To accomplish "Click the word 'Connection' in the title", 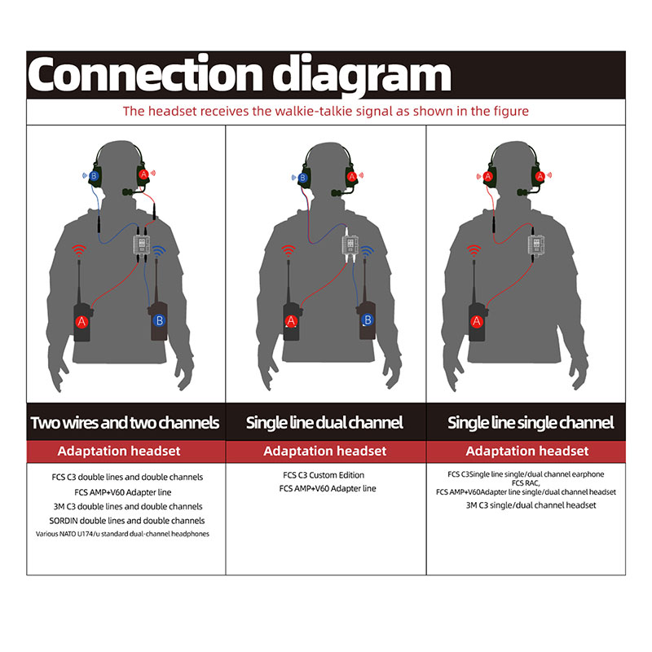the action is click(145, 74).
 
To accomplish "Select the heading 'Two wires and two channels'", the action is click(125, 422).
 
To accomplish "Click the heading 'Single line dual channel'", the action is click(324, 422).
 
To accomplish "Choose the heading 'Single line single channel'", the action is click(531, 422).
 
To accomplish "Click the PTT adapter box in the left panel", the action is click(141, 244).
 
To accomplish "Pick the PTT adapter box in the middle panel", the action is click(350, 244).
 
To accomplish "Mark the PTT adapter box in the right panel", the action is click(536, 244).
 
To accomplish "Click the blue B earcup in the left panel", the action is click(95, 176).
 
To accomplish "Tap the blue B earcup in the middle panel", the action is click(303, 178).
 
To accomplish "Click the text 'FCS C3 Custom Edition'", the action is click(324, 475).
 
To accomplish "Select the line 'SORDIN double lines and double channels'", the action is click(127, 521).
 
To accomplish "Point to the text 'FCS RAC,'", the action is click(526, 483).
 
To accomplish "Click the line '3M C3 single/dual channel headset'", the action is click(531, 505).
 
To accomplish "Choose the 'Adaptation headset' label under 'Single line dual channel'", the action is click(325, 452).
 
